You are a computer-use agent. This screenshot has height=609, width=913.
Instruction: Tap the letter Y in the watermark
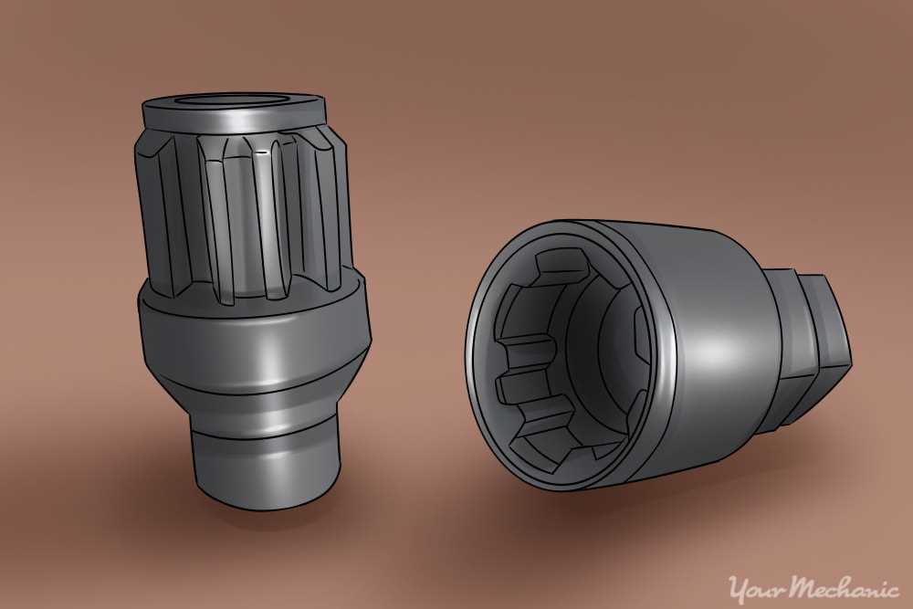point(735,584)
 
